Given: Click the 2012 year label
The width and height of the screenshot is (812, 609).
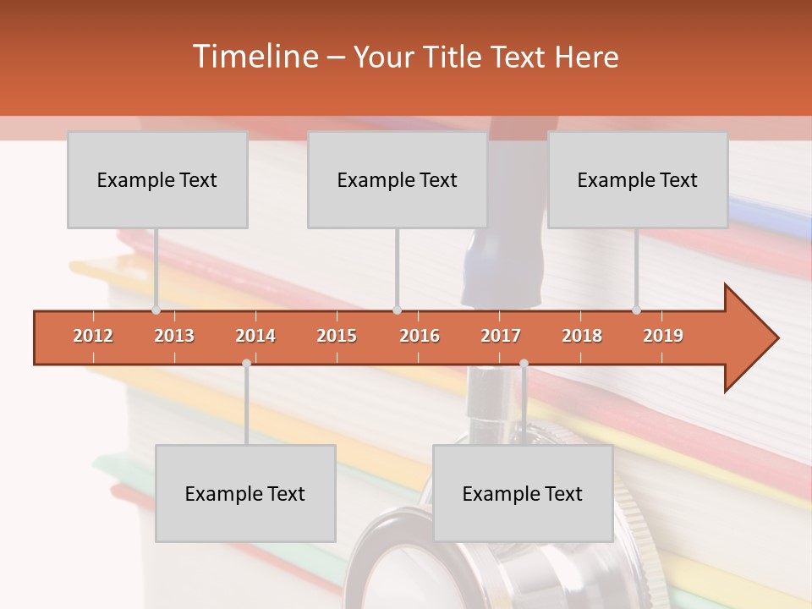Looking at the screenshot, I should (93, 336).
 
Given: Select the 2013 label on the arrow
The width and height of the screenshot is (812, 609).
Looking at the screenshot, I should (174, 336).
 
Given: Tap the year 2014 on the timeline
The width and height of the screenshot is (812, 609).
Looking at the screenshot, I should (255, 336).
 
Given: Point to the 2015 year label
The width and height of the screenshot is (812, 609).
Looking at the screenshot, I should (337, 336).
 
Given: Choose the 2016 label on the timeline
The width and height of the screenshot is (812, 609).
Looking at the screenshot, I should (420, 336).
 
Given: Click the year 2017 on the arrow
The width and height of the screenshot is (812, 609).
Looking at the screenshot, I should (501, 336).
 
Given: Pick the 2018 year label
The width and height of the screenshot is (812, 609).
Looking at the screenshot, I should (582, 336).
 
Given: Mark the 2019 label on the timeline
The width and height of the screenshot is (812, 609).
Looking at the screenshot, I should (663, 336).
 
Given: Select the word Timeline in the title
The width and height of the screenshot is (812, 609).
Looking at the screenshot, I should (254, 57).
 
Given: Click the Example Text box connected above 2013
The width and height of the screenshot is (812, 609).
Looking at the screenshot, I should (157, 179).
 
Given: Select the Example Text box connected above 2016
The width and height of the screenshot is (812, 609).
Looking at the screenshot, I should (398, 179).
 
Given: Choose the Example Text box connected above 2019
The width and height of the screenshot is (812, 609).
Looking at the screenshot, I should (638, 179).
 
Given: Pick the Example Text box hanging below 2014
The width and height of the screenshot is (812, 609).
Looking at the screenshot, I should (245, 493).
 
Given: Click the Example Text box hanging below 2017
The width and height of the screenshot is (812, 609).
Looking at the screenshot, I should (523, 493).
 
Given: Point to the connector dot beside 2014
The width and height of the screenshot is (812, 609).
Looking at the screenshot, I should (246, 363).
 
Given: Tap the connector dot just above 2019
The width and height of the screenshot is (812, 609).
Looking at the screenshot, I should (637, 310).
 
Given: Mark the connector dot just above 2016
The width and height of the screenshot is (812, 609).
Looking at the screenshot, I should (397, 310).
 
